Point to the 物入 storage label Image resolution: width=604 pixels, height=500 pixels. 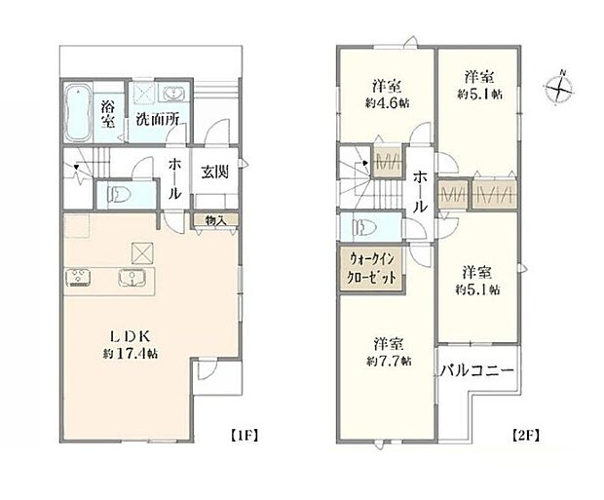pyautogui.click(x=215, y=221)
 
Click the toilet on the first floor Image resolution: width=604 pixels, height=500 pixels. pyautogui.click(x=115, y=193)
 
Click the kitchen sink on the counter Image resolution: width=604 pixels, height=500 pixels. pyautogui.click(x=132, y=278)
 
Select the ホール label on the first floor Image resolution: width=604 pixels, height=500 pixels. pyautogui.click(x=174, y=179)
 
